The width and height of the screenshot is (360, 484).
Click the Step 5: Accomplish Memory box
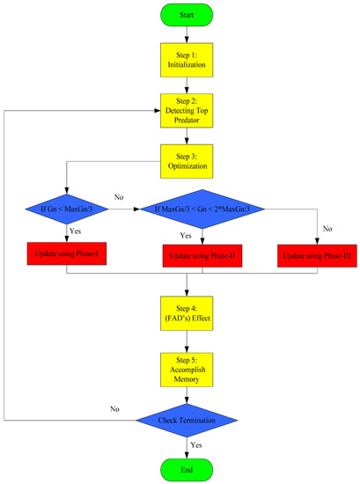187,367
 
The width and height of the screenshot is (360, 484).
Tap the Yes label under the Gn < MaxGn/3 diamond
77,236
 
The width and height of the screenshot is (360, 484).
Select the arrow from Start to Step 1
187,34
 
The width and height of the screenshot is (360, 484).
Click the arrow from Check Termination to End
187,444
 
